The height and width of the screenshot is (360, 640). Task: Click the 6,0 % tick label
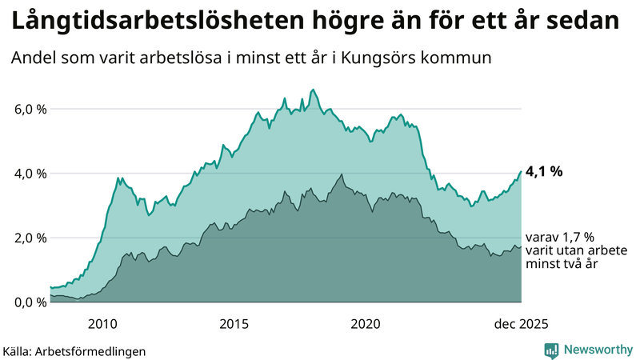(30, 109)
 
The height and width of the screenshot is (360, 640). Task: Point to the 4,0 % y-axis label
(30, 174)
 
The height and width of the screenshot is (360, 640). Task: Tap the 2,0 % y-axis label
(30, 238)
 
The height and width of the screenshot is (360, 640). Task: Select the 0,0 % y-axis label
(30, 302)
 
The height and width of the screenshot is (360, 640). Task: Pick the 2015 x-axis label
(234, 323)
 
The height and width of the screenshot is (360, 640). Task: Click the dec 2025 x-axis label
(521, 323)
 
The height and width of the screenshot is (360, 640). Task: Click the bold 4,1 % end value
(544, 171)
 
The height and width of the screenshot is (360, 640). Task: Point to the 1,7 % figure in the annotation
(577, 238)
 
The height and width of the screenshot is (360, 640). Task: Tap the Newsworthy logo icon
(551, 350)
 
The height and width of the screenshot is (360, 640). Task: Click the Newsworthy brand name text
(598, 350)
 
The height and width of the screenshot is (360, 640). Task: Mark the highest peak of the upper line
(313, 90)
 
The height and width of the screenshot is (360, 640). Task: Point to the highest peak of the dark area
(342, 174)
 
